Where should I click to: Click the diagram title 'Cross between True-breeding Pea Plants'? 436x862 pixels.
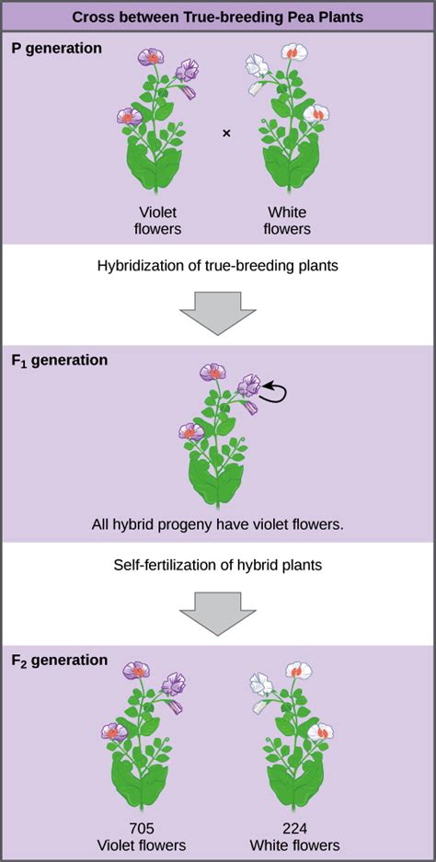(218, 17)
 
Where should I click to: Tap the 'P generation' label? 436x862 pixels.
(57, 49)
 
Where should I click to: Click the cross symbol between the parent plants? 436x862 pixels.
(226, 133)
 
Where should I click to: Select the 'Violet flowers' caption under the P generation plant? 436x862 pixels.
(157, 220)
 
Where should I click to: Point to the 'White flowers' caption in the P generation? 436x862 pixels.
(286, 220)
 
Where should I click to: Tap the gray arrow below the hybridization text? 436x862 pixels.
(218, 313)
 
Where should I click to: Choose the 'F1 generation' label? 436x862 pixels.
(60, 362)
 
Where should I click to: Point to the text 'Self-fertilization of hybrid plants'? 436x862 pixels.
(218, 565)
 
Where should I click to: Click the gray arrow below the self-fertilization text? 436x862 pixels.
(218, 614)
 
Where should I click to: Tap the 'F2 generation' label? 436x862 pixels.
(60, 661)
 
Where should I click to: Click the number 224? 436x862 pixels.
(297, 830)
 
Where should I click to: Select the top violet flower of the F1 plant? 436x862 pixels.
(212, 373)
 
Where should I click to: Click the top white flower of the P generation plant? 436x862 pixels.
(293, 52)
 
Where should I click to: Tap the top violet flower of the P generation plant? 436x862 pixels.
(151, 57)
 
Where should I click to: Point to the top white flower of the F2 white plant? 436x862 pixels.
(299, 670)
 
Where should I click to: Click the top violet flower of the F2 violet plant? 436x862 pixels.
(136, 670)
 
